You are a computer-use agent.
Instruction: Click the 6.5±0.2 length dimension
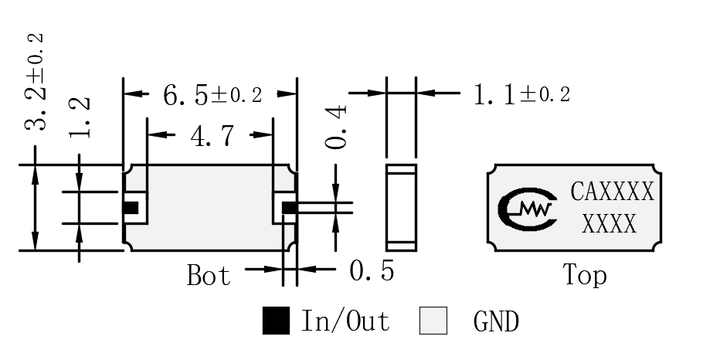(x=212, y=95)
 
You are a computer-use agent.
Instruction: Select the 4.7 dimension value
(x=212, y=135)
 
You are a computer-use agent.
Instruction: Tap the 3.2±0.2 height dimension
(x=35, y=82)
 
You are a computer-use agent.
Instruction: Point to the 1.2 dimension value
(x=80, y=118)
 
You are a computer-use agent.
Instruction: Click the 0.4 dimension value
(x=336, y=127)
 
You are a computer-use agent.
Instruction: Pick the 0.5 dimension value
(x=372, y=271)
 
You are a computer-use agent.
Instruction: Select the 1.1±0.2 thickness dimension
(x=522, y=95)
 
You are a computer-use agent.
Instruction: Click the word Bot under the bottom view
(x=209, y=275)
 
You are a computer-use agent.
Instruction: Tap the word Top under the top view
(x=585, y=274)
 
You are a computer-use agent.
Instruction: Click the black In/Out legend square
(x=276, y=321)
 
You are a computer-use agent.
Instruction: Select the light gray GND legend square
(x=433, y=321)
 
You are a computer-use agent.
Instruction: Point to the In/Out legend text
(x=345, y=321)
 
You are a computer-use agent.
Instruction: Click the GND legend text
(x=496, y=321)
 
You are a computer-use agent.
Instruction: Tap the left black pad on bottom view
(x=131, y=208)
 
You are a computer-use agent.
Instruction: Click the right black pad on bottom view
(x=289, y=208)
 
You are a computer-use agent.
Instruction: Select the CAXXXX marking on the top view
(x=612, y=192)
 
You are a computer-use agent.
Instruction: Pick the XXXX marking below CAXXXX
(x=610, y=223)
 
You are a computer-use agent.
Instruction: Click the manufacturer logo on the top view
(x=527, y=209)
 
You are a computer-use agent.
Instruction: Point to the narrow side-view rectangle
(x=401, y=208)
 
